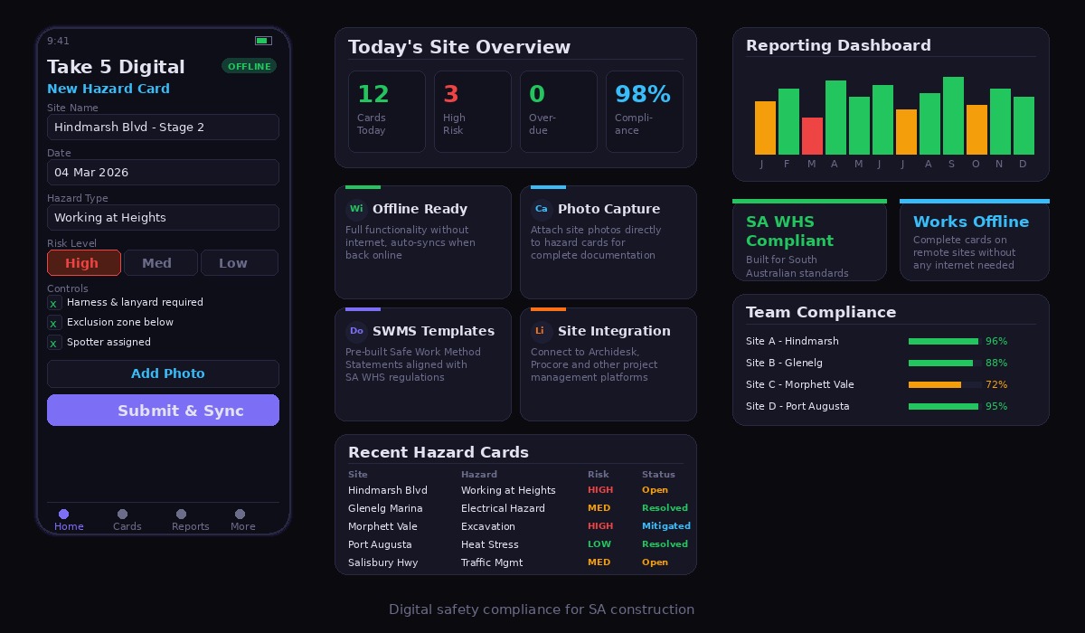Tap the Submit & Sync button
pos(163,411)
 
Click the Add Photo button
pos(163,373)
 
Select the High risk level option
pos(83,263)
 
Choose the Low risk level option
pos(239,263)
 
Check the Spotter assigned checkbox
pos(54,343)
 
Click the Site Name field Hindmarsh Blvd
pos(163,128)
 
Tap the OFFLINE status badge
pos(249,66)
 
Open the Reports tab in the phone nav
pos(190,520)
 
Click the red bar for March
pos(812,136)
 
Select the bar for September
pos(953,116)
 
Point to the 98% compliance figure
pos(643,94)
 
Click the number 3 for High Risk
pos(451,94)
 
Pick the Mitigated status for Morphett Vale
pos(665,526)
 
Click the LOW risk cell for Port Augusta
pos(599,544)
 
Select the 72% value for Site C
pos(996,385)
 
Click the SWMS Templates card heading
pos(433,331)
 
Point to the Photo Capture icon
pos(541,209)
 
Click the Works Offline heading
pos(970,222)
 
